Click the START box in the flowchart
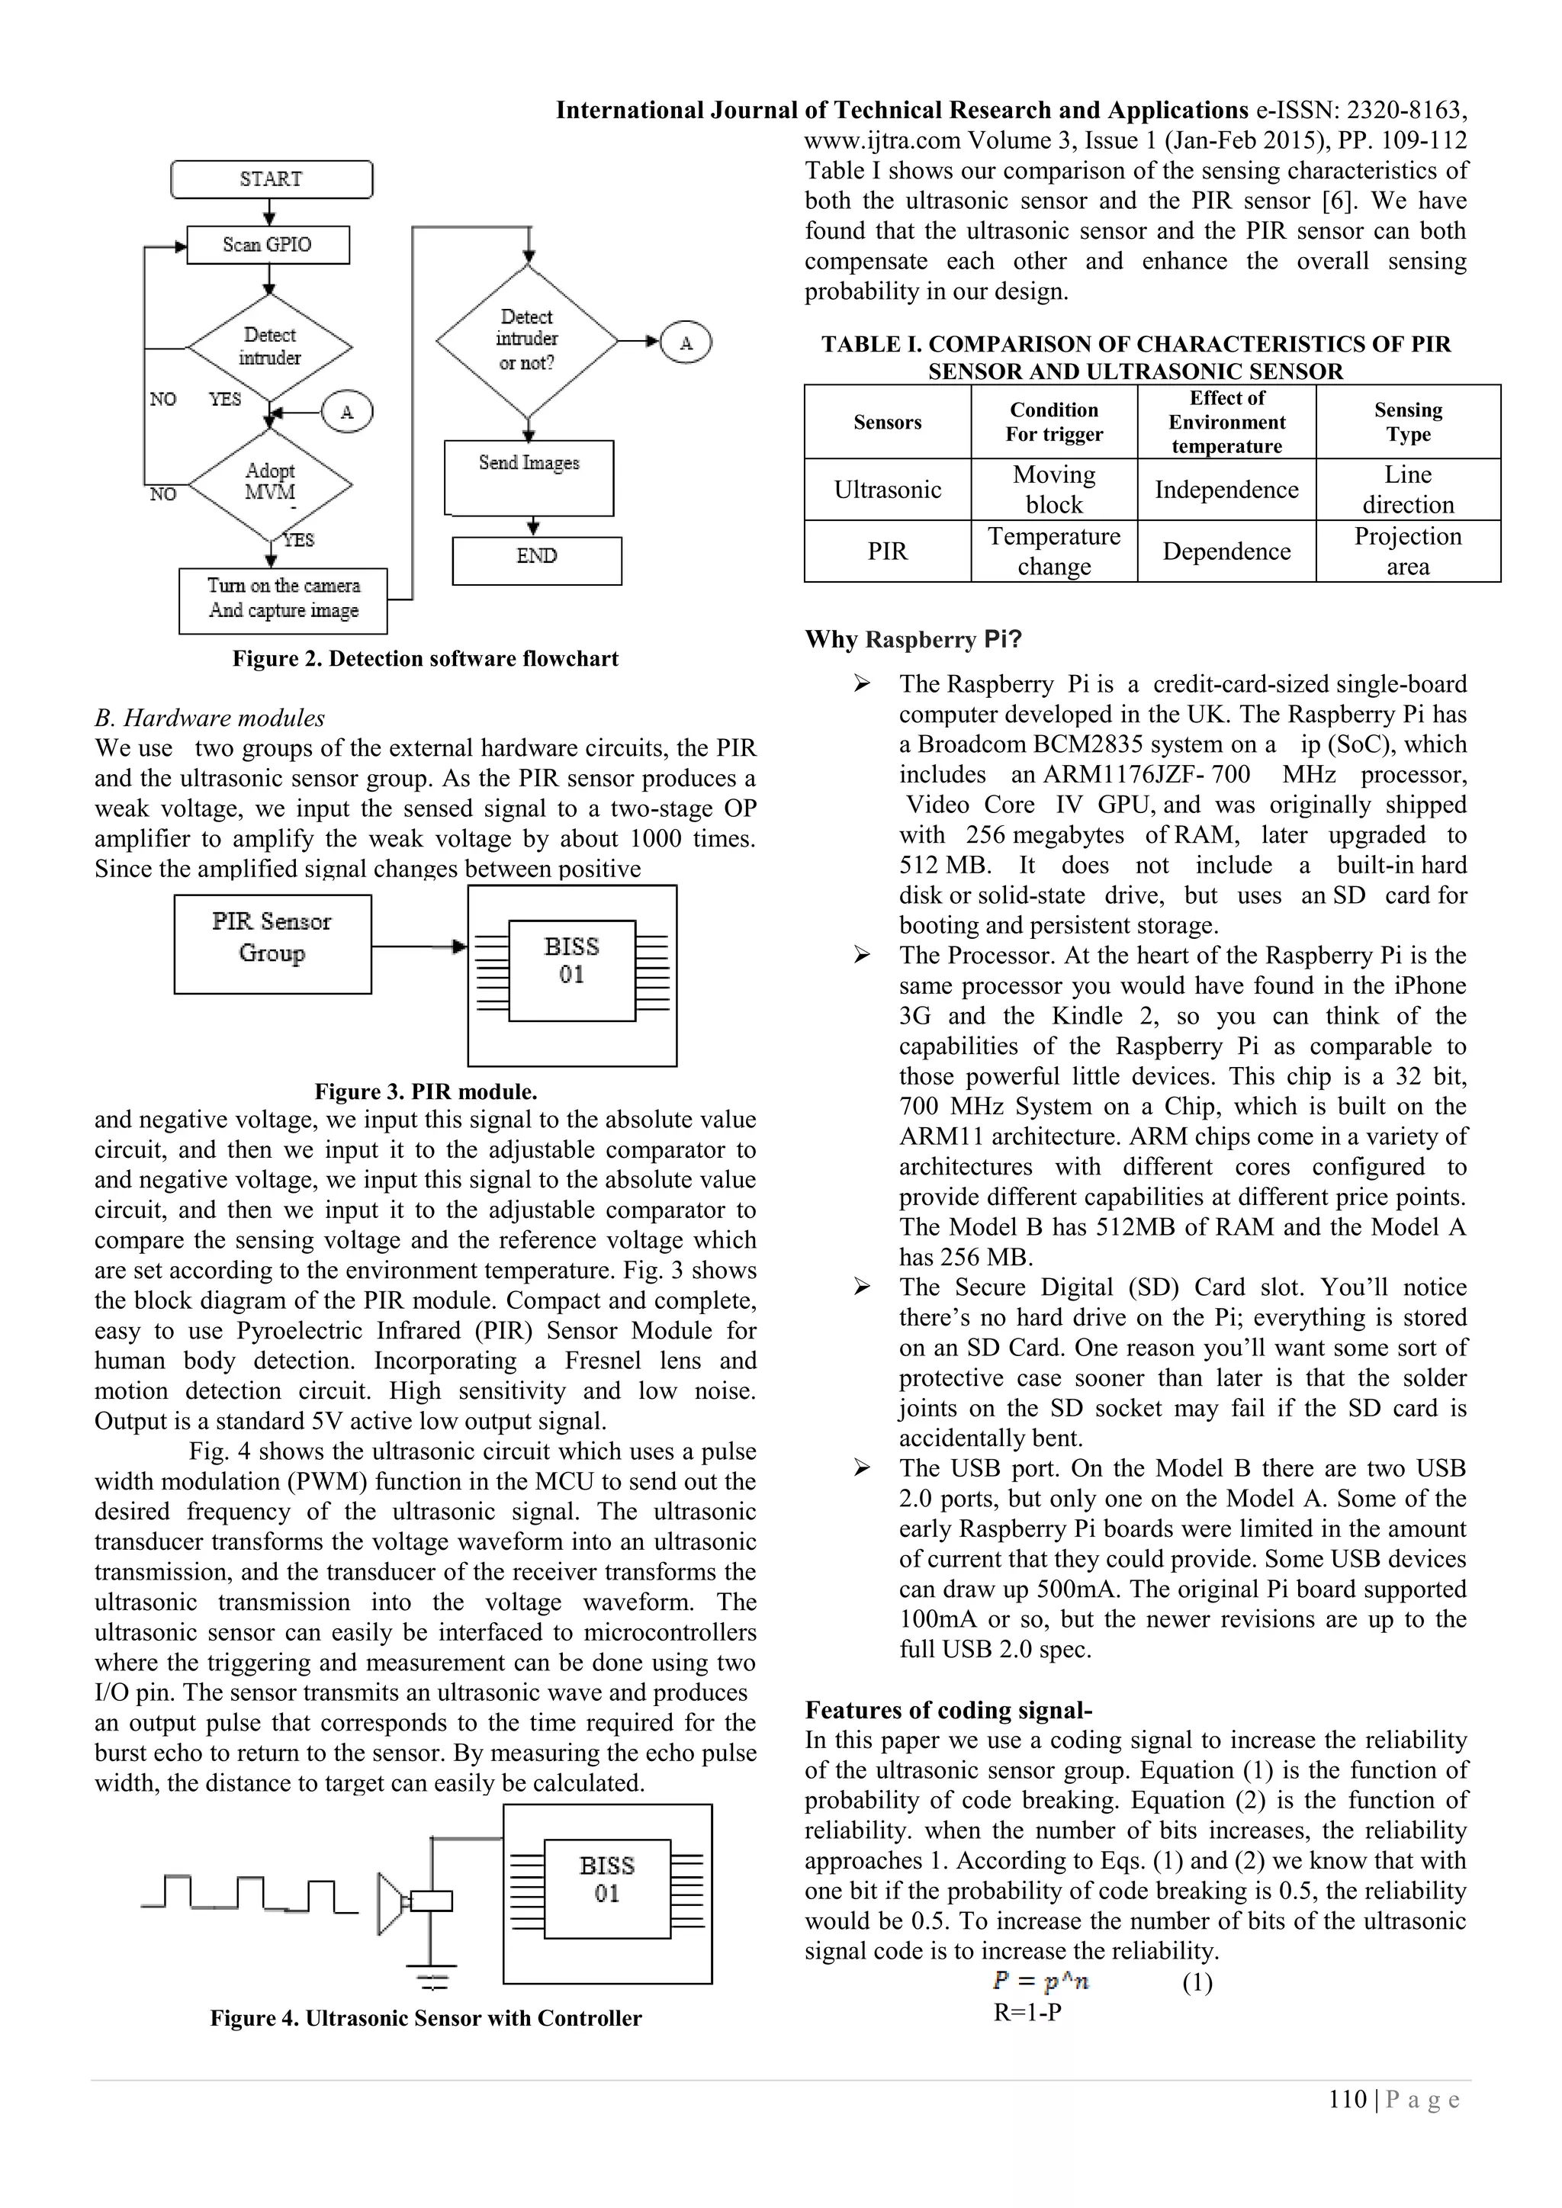click(272, 180)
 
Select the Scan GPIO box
click(268, 244)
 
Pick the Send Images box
click(529, 477)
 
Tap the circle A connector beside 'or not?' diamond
click(686, 343)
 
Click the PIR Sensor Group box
click(272, 943)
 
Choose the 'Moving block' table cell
click(1054, 490)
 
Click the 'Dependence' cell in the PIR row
click(1226, 551)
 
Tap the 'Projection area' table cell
click(1408, 551)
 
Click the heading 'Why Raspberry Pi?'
click(913, 639)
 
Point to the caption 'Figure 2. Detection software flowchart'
click(425, 659)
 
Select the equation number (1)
click(1197, 1983)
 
